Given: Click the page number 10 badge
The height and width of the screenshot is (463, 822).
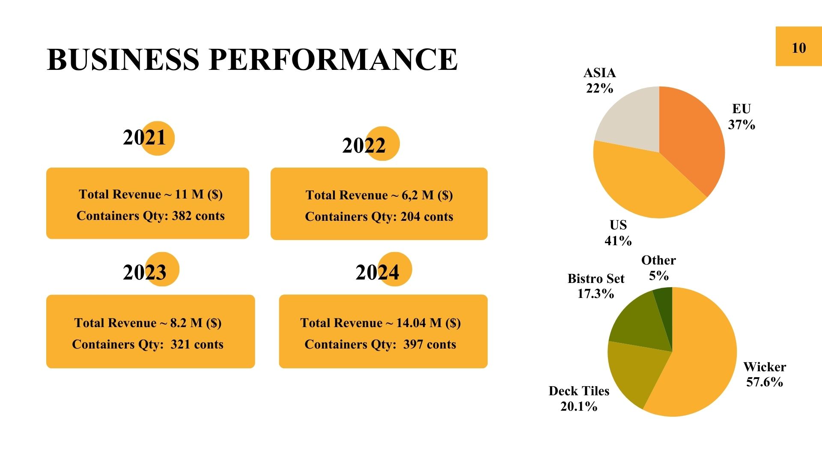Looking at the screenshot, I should point(798,47).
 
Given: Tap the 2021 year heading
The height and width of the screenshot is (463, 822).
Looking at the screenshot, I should point(144,138).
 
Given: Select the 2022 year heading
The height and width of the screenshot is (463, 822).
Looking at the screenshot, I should point(364,146).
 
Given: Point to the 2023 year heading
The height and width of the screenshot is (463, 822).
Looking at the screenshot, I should point(145,272).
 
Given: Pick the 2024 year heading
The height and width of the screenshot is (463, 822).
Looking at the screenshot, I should point(377,272).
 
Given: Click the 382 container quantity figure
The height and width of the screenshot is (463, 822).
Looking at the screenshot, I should point(182,216).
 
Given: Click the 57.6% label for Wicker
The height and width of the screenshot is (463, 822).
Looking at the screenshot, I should point(765,382).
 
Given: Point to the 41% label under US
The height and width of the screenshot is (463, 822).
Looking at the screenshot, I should point(618,241).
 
